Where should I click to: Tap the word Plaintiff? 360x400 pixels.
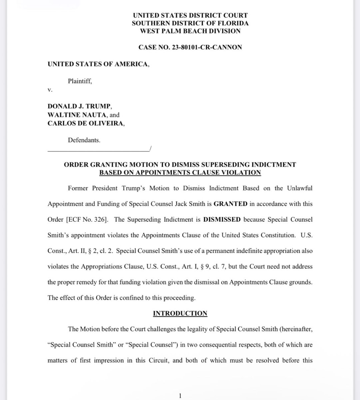click(80, 81)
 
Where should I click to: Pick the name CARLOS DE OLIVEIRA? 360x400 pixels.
click(86, 123)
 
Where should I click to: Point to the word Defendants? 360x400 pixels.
click(84, 140)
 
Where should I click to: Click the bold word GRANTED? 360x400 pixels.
click(230, 204)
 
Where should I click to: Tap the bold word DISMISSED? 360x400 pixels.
click(222, 220)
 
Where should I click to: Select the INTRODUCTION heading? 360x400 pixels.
click(180, 313)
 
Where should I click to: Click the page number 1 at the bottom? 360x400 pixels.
click(180, 396)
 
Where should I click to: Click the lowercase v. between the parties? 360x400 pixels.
click(50, 90)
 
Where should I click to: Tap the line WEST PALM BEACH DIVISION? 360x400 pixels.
click(190, 31)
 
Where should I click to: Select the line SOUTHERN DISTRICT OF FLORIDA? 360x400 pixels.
click(190, 23)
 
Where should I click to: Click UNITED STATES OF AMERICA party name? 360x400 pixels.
click(98, 64)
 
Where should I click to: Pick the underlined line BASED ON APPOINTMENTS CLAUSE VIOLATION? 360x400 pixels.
click(180, 172)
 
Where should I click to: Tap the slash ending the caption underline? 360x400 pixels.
click(151, 149)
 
